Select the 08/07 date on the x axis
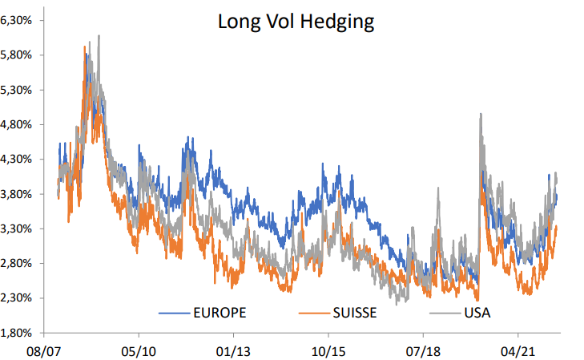click(x=44, y=351)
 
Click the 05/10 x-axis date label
click(x=139, y=351)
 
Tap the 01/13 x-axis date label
click(x=233, y=351)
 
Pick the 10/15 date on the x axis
click(x=328, y=351)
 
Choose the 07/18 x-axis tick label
click(x=423, y=351)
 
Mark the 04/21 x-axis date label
click(x=518, y=351)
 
